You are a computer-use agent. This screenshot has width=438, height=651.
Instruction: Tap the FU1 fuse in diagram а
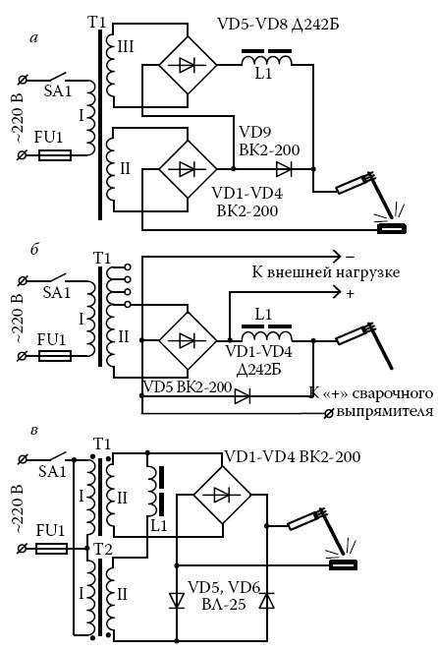pyautogui.click(x=55, y=155)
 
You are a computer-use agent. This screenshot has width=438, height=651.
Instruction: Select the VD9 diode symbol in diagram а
pyautogui.click(x=284, y=169)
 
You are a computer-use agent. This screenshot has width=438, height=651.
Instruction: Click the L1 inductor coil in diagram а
pyautogui.click(x=266, y=60)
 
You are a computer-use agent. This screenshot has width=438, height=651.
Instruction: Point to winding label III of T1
pyautogui.click(x=126, y=46)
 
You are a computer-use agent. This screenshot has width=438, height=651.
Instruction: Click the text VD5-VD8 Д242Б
pyautogui.click(x=278, y=24)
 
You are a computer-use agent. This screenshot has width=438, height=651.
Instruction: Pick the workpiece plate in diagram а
pyautogui.click(x=392, y=228)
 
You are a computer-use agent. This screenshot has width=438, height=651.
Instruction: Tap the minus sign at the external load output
pyautogui.click(x=350, y=256)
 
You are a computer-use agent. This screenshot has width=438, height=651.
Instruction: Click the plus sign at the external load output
pyautogui.click(x=350, y=293)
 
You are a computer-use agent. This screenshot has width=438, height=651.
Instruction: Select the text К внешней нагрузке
pyautogui.click(x=326, y=272)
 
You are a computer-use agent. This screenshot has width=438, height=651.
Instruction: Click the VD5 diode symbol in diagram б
pyautogui.click(x=243, y=396)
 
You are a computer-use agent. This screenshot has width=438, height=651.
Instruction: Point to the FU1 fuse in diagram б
pyautogui.click(x=55, y=356)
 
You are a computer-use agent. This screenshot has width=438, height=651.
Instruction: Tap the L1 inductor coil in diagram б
pyautogui.click(x=266, y=334)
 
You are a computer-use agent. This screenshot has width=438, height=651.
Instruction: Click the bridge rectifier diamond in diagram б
pyautogui.click(x=188, y=341)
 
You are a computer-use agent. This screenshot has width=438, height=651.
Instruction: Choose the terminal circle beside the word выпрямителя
pyautogui.click(x=328, y=413)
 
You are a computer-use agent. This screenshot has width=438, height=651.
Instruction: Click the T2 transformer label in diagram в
pyautogui.click(x=101, y=550)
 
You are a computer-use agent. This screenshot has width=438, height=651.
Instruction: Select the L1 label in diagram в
pyautogui.click(x=158, y=526)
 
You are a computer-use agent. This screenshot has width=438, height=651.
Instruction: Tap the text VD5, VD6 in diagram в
pyautogui.click(x=224, y=587)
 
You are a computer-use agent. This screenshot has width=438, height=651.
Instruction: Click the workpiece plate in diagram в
pyautogui.click(x=343, y=564)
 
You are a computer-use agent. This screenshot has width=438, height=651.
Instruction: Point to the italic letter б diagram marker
pyautogui.click(x=34, y=250)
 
